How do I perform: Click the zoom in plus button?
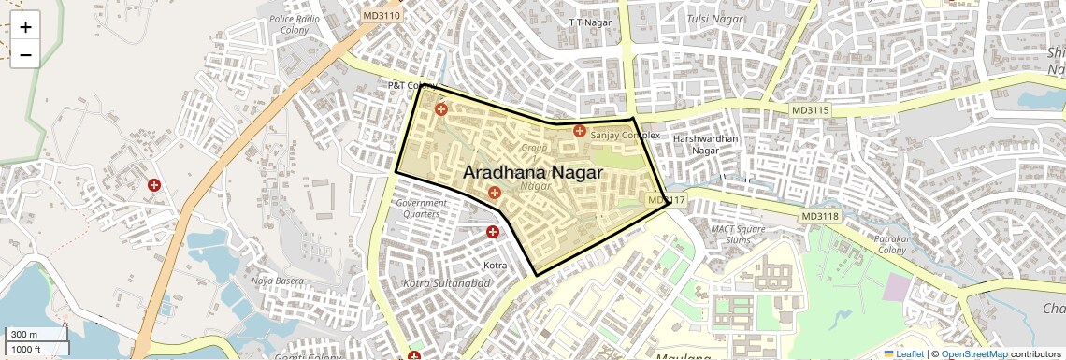25,27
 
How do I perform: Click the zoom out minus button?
25,54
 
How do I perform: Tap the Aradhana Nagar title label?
533,174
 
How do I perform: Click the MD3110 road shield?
382,15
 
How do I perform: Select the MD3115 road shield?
810,110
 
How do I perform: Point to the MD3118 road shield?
820,216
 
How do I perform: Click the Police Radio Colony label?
295,24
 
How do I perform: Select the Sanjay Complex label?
625,136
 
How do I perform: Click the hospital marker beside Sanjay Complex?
580,131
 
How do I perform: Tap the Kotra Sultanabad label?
446,282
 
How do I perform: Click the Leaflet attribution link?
903,353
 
